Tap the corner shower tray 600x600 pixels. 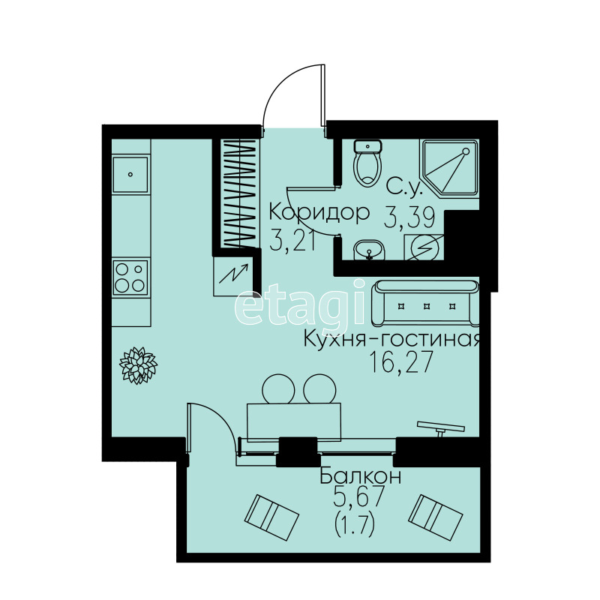click(x=449, y=168)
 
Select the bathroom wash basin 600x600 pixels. click(x=369, y=250)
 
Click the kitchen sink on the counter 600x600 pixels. click(x=130, y=175)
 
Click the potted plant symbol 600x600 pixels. click(x=138, y=365)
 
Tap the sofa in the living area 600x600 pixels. click(x=425, y=304)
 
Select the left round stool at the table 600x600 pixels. click(x=278, y=388)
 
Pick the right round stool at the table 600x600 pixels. click(x=320, y=388)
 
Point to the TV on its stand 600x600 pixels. click(x=441, y=428)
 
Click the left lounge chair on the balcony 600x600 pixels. click(x=271, y=517)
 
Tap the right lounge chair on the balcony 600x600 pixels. click(x=436, y=517)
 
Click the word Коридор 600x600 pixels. click(x=319, y=214)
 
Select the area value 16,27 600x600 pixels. click(x=400, y=361)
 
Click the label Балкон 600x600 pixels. click(x=360, y=476)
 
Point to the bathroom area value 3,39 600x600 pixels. click(x=409, y=218)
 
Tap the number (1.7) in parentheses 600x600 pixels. click(x=354, y=526)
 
